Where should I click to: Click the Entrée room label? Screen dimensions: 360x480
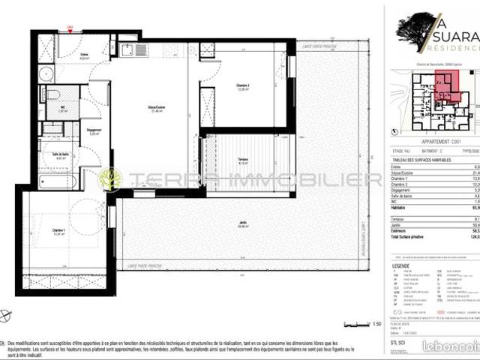tap(84, 54)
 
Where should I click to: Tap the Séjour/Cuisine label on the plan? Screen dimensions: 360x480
tap(156, 109)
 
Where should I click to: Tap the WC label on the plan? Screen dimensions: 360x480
tap(63, 108)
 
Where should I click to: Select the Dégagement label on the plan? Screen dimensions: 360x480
tap(94, 132)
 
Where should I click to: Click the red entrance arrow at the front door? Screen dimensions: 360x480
tap(69, 28)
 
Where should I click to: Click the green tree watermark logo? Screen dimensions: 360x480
tap(111, 179)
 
